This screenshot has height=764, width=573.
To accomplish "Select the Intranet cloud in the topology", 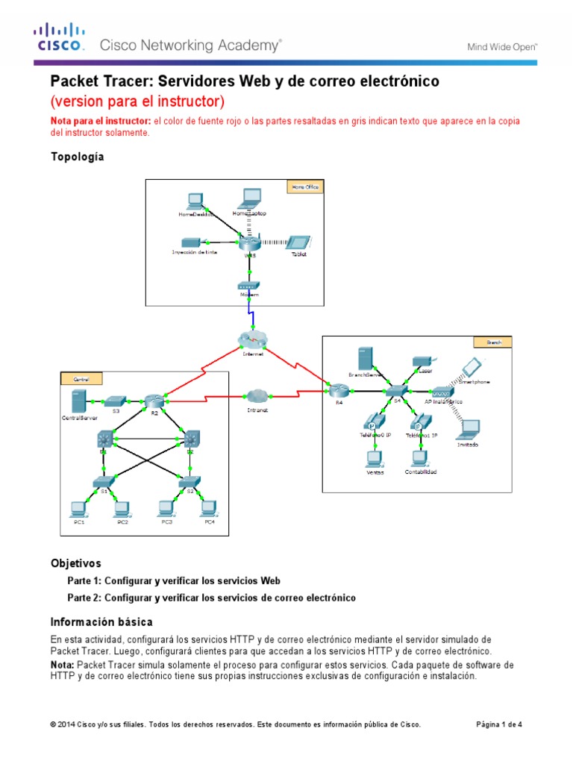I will click(x=257, y=395).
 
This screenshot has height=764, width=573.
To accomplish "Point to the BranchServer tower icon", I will click(x=365, y=358).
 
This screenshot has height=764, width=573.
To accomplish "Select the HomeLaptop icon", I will click(x=249, y=198).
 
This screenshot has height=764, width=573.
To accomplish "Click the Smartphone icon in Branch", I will click(x=470, y=368).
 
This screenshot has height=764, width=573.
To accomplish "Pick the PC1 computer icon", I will click(x=78, y=509).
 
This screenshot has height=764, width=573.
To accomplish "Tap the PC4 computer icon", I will click(x=210, y=509).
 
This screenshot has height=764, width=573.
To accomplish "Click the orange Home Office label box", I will click(x=304, y=187).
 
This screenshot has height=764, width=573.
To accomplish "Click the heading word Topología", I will click(x=77, y=157).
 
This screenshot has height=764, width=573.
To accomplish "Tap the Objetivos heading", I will click(x=75, y=563).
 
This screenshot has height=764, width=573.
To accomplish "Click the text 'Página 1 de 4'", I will click(x=499, y=724).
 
